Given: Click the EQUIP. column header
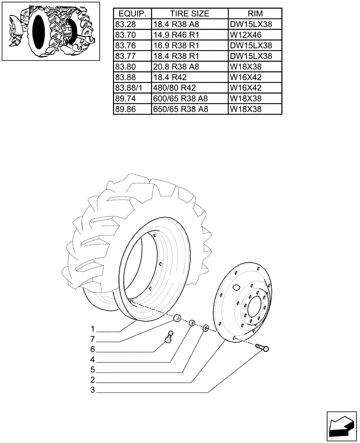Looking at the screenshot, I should (132, 13).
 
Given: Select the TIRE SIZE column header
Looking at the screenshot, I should (189, 13).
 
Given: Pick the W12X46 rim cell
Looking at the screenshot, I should (244, 35).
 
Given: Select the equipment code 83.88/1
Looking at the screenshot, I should (128, 88).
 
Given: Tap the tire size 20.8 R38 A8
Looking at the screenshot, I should (176, 66).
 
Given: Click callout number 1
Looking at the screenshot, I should (93, 329).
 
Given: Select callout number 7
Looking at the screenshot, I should (93, 339).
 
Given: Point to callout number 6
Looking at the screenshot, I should (93, 350).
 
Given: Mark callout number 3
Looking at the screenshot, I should (93, 390).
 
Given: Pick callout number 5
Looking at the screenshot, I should (93, 370).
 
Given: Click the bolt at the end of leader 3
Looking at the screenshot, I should (262, 349).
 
